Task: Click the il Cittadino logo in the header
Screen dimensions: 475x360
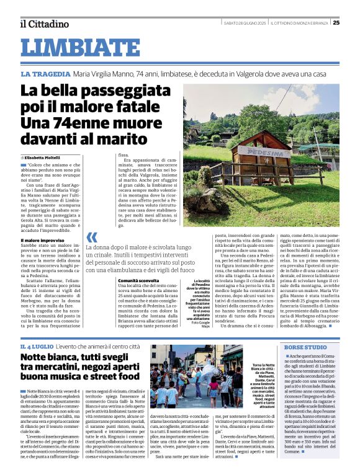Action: pos(43,24)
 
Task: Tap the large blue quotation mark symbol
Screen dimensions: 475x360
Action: pos(92,237)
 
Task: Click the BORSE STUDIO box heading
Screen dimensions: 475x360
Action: pos(306,347)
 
